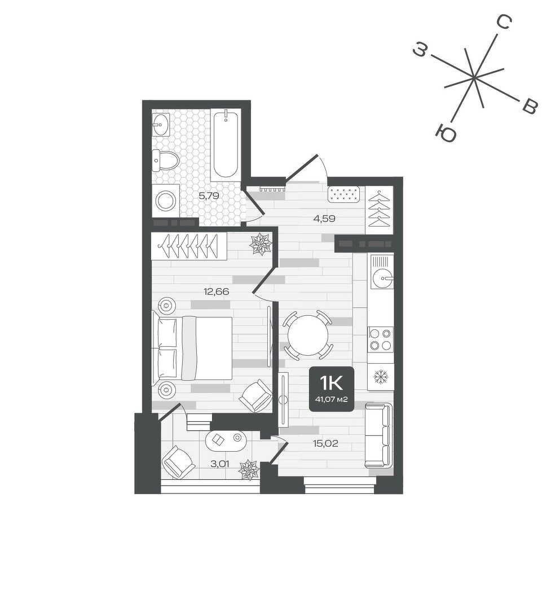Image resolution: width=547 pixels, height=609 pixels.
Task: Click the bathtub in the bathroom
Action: pos(226,144)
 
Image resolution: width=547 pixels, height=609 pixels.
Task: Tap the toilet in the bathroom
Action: pos(165,160)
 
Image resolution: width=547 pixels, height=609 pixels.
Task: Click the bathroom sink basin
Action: pos(161,125)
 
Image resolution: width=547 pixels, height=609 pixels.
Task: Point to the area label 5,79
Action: pos(209,196)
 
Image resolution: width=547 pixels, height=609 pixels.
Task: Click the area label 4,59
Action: pos(324,219)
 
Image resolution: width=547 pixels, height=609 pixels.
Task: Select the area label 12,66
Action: pos(217,292)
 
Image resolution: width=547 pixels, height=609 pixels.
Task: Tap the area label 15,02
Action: pos(325,443)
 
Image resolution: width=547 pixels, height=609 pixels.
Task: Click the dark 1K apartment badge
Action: pos(332,389)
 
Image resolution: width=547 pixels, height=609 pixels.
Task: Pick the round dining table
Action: pos(308,335)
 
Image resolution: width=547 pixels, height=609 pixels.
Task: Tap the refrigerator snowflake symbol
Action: pos(380,377)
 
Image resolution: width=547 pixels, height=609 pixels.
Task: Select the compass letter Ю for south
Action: pos(445,134)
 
